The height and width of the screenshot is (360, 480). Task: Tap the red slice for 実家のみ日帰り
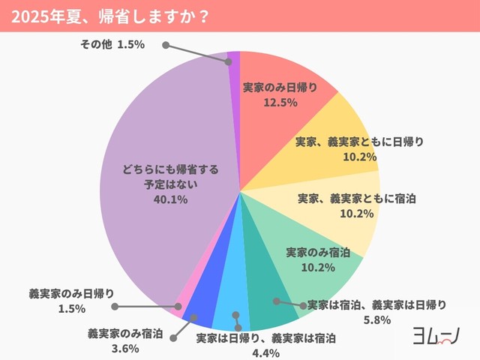coord(277,82)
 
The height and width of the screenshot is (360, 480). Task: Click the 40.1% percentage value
coord(171,199)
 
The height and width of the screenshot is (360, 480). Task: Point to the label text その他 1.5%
coord(112,44)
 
